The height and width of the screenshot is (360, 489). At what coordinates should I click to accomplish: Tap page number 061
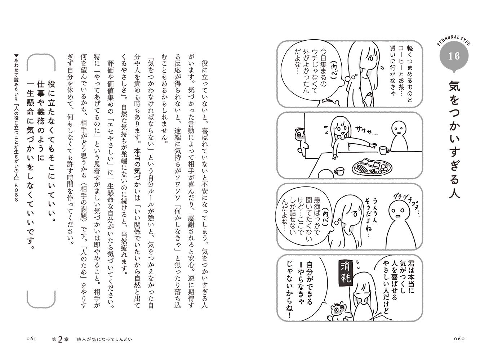pos(32,339)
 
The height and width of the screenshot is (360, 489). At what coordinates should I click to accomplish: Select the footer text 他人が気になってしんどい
pos(102,339)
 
